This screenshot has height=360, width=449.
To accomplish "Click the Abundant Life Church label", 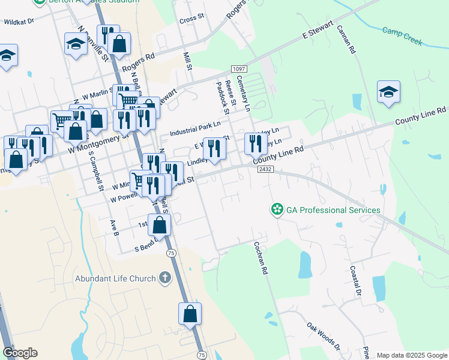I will (x=115, y=278).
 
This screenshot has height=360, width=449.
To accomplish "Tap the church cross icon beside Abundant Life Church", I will (x=165, y=278).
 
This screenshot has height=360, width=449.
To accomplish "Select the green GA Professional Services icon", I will (x=277, y=210).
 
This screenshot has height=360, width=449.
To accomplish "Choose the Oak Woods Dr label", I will (x=323, y=337).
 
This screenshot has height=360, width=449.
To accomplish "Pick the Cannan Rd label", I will (x=346, y=40).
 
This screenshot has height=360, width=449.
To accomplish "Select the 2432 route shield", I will (x=265, y=170).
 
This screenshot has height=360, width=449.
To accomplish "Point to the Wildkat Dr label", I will (x=20, y=21).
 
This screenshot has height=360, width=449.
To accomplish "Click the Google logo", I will (x=20, y=353).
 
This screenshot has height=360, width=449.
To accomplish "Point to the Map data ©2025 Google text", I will (x=411, y=355).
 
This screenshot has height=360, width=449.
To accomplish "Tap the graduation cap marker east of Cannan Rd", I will (x=388, y=92).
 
